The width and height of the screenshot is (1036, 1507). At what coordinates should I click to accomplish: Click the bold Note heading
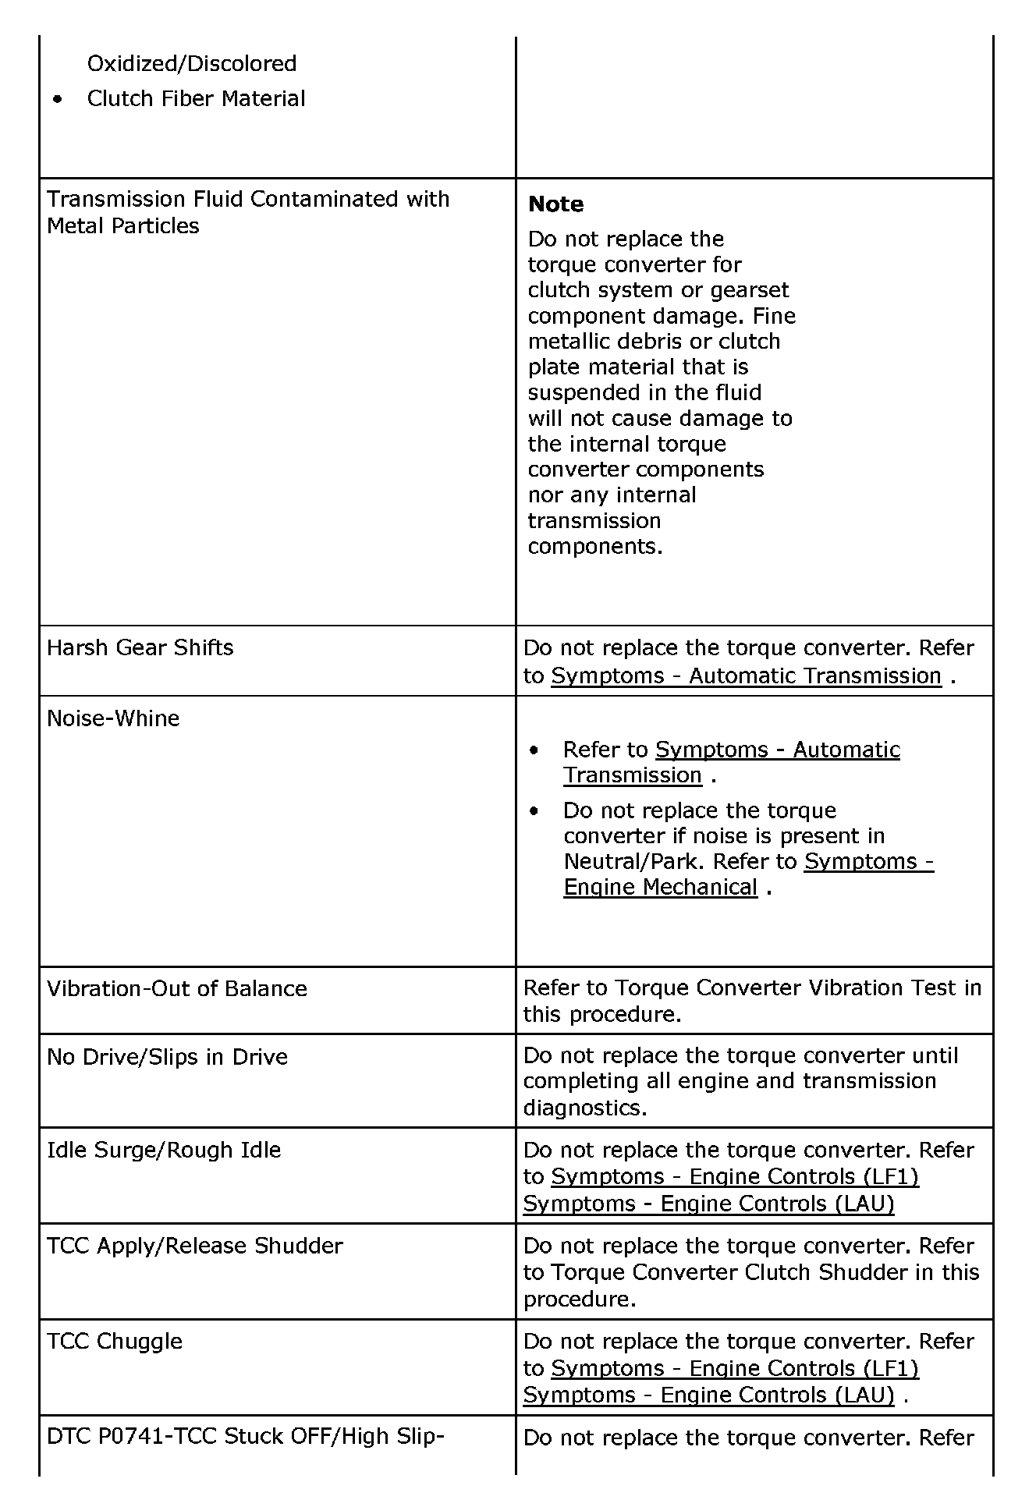[555, 204]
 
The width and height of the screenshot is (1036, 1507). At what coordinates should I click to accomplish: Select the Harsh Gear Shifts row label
[140, 647]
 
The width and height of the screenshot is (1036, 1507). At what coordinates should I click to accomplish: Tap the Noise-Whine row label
[113, 718]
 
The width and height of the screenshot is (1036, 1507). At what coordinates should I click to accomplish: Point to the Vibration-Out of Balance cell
[176, 989]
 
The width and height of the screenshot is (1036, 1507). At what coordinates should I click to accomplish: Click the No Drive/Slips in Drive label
[167, 1057]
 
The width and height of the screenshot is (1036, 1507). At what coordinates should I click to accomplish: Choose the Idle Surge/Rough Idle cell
[164, 1150]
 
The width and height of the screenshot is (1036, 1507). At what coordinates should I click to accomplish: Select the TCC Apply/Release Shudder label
[194, 1246]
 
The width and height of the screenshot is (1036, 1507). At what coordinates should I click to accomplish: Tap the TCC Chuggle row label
[115, 1342]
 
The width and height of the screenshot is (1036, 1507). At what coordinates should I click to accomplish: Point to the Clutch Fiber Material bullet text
[196, 99]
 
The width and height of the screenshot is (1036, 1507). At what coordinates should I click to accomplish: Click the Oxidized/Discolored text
[192, 63]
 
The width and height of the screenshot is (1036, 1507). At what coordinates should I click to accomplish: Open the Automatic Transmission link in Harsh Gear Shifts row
[746, 675]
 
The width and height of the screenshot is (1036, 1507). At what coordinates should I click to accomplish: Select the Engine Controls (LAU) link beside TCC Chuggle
[708, 1395]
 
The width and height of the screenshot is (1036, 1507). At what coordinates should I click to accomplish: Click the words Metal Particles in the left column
[123, 226]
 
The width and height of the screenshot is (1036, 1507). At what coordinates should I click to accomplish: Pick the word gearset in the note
[750, 290]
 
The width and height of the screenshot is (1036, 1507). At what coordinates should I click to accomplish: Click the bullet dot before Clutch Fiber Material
[57, 100]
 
